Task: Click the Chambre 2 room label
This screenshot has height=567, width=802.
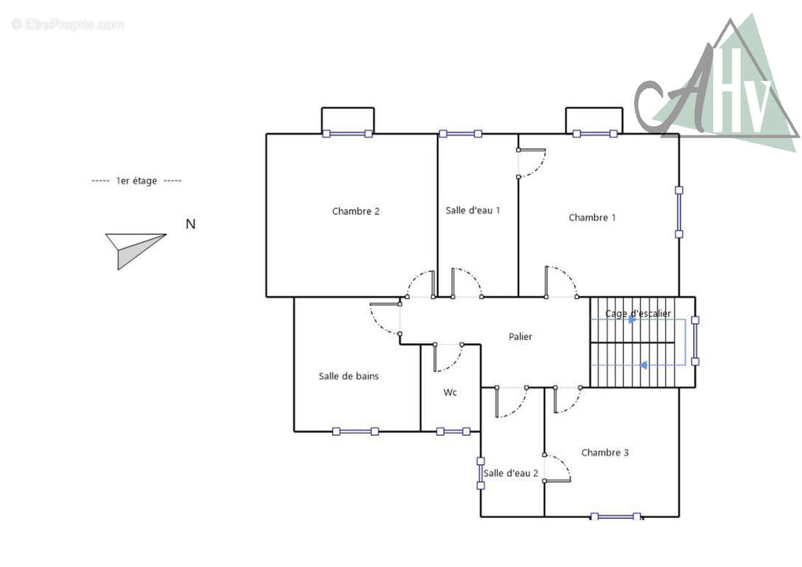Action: [x=355, y=211]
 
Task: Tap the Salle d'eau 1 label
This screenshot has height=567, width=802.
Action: [x=472, y=210]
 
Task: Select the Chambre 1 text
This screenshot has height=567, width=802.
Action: [x=592, y=218]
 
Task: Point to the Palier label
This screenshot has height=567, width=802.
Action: [x=520, y=337]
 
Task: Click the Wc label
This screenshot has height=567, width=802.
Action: [x=450, y=392]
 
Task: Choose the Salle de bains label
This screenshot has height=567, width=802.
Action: [x=348, y=376]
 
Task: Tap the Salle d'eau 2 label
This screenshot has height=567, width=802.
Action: [x=511, y=473]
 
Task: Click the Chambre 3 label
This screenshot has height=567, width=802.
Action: [x=605, y=452]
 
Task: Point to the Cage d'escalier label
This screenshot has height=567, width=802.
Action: [x=637, y=313]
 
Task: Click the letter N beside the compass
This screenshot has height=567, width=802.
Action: [x=191, y=224]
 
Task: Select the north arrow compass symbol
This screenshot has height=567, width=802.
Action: [x=135, y=251]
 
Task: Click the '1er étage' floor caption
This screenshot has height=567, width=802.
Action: [x=137, y=181]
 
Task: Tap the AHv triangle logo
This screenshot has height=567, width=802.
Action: [x=716, y=82]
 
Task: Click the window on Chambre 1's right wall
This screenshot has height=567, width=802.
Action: [x=679, y=212]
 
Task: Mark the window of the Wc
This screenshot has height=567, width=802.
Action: [x=453, y=432]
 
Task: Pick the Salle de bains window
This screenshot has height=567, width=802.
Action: [x=355, y=432]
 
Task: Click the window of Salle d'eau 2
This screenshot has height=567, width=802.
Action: [x=481, y=473]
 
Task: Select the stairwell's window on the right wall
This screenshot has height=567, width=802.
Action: [x=695, y=340]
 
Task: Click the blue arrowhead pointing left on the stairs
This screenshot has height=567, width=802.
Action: [x=643, y=365]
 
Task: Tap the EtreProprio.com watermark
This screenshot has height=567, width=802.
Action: [x=67, y=25]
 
